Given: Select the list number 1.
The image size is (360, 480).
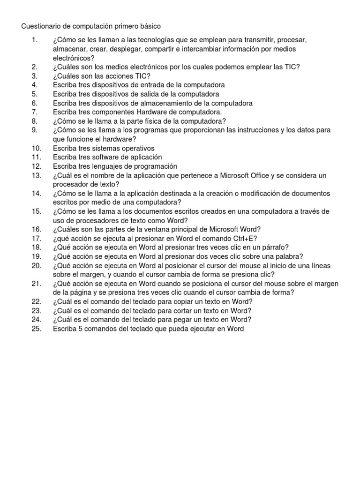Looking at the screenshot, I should pyautogui.click(x=34, y=40).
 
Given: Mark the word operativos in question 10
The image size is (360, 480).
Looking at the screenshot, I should pyautogui.click(x=131, y=148).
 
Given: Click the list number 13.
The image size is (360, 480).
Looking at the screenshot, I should pyautogui.click(x=37, y=175).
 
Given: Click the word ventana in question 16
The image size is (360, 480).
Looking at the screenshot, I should pyautogui.click(x=155, y=229).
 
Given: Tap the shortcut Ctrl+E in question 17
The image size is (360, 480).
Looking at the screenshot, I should pyautogui.click(x=240, y=238).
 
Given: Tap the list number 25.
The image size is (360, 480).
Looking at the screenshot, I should pyautogui.click(x=37, y=329).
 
